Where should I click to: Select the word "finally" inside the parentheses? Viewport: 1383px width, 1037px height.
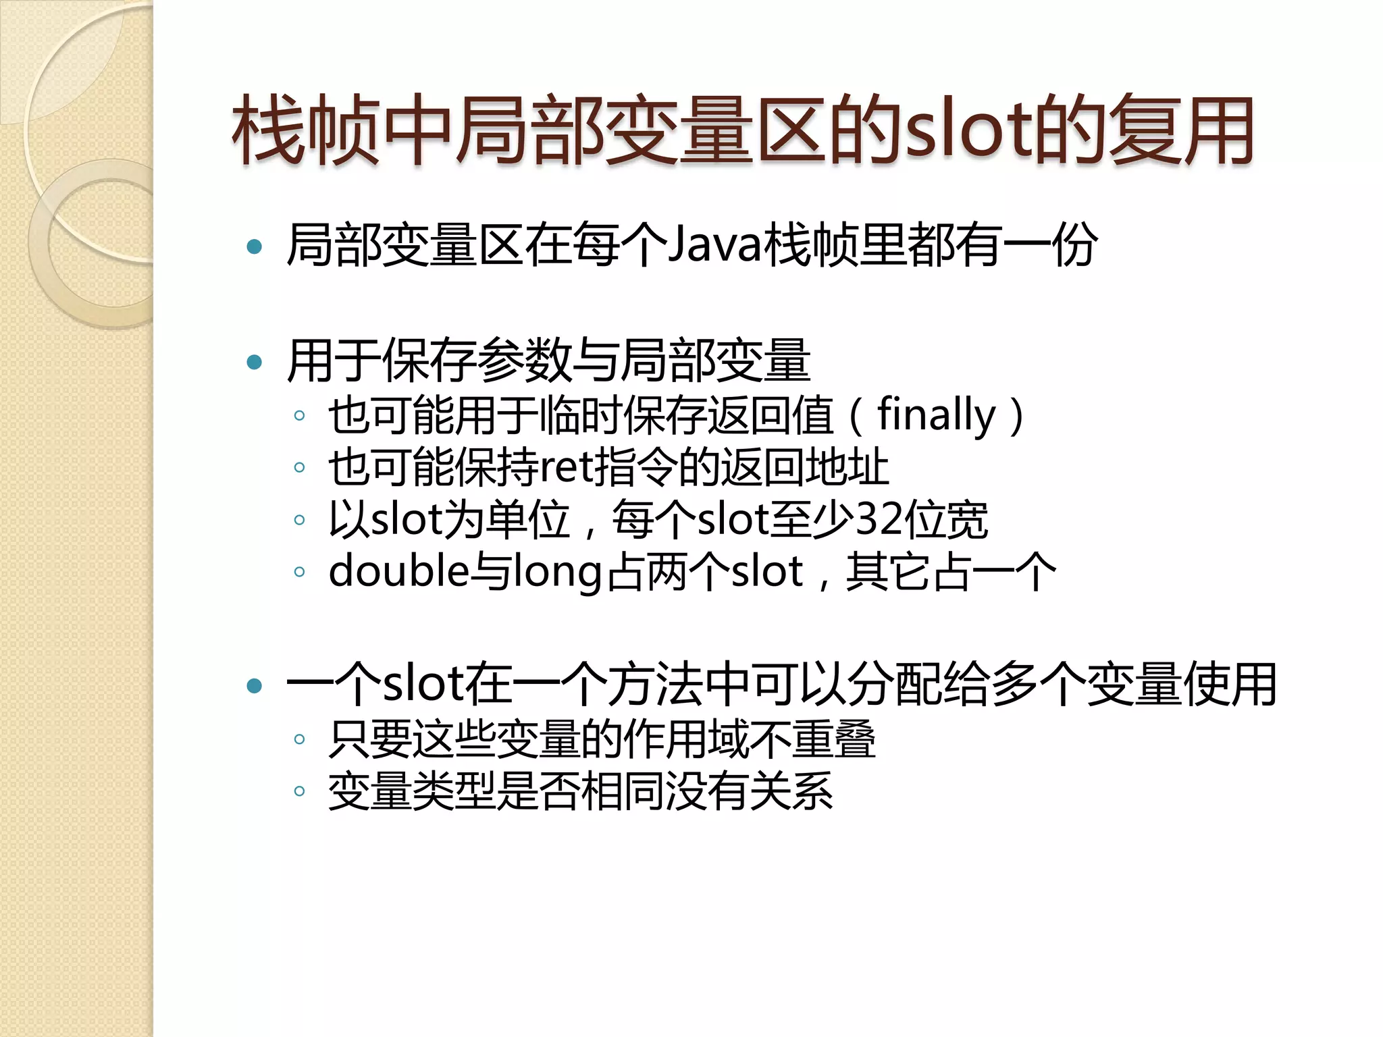click(936, 415)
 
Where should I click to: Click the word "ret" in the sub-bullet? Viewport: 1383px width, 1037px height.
click(567, 467)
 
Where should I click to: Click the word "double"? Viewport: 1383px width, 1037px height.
click(398, 571)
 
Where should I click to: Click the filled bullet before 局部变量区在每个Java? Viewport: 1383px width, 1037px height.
click(255, 246)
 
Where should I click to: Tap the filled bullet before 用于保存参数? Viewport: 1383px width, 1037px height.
click(255, 363)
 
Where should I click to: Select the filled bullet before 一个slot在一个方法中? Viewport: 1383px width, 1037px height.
click(255, 687)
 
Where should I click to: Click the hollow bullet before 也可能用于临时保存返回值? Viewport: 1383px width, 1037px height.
click(300, 416)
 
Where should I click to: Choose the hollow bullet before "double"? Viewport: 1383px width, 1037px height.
click(300, 573)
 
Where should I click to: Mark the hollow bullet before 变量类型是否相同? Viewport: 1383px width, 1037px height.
click(300, 791)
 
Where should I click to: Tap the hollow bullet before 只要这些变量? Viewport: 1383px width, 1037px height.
click(300, 739)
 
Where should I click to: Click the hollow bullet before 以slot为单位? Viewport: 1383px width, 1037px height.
click(300, 520)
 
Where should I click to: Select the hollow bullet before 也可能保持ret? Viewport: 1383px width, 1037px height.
click(300, 468)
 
